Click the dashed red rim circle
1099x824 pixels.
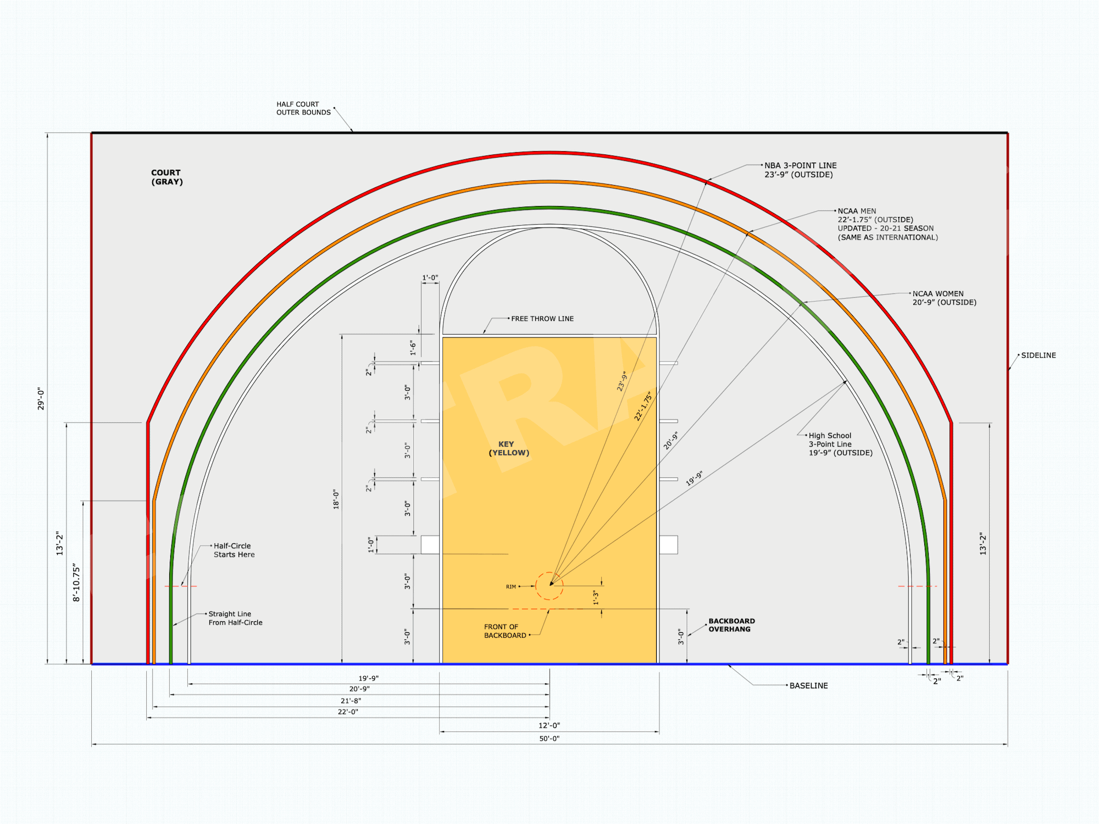(x=536, y=586)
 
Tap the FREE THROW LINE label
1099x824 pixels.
(x=542, y=319)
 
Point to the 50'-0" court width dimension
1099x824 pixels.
(x=549, y=739)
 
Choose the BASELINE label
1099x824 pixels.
(x=808, y=686)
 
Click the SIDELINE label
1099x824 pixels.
(x=1039, y=355)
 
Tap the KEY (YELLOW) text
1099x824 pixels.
(x=509, y=448)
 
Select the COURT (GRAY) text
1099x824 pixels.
(x=167, y=177)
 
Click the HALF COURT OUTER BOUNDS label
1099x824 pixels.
(x=303, y=108)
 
